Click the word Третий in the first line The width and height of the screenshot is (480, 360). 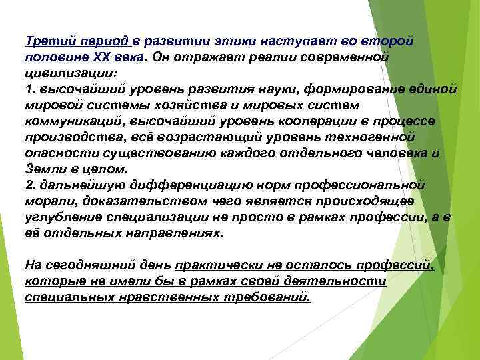click(x=45, y=41)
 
